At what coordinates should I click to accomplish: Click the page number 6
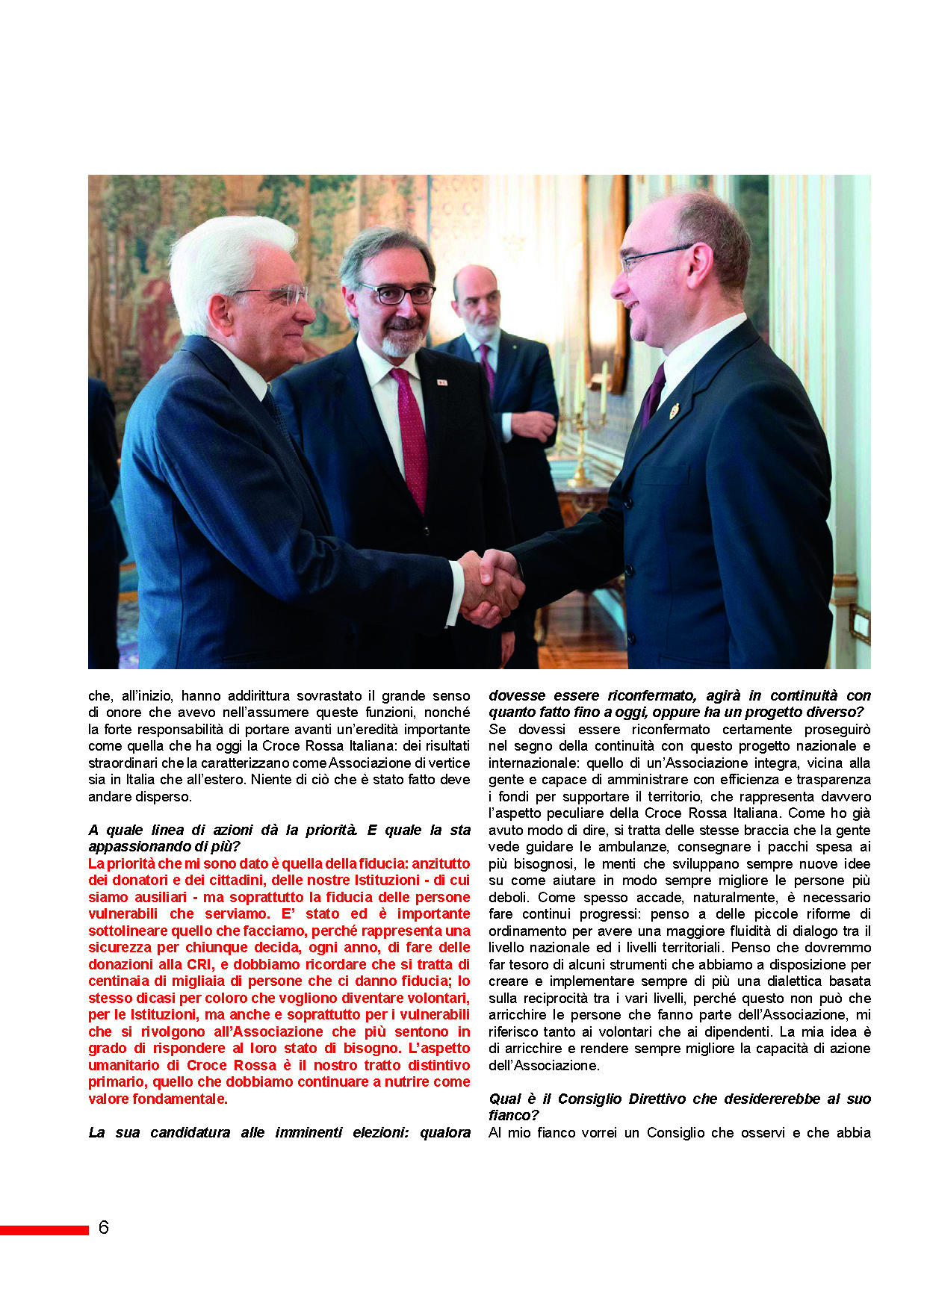103,1227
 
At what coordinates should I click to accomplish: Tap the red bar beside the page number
44,1229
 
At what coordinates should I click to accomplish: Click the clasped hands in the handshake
489,586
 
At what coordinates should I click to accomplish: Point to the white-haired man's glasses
280,294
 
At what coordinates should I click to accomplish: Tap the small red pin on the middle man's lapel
441,382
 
